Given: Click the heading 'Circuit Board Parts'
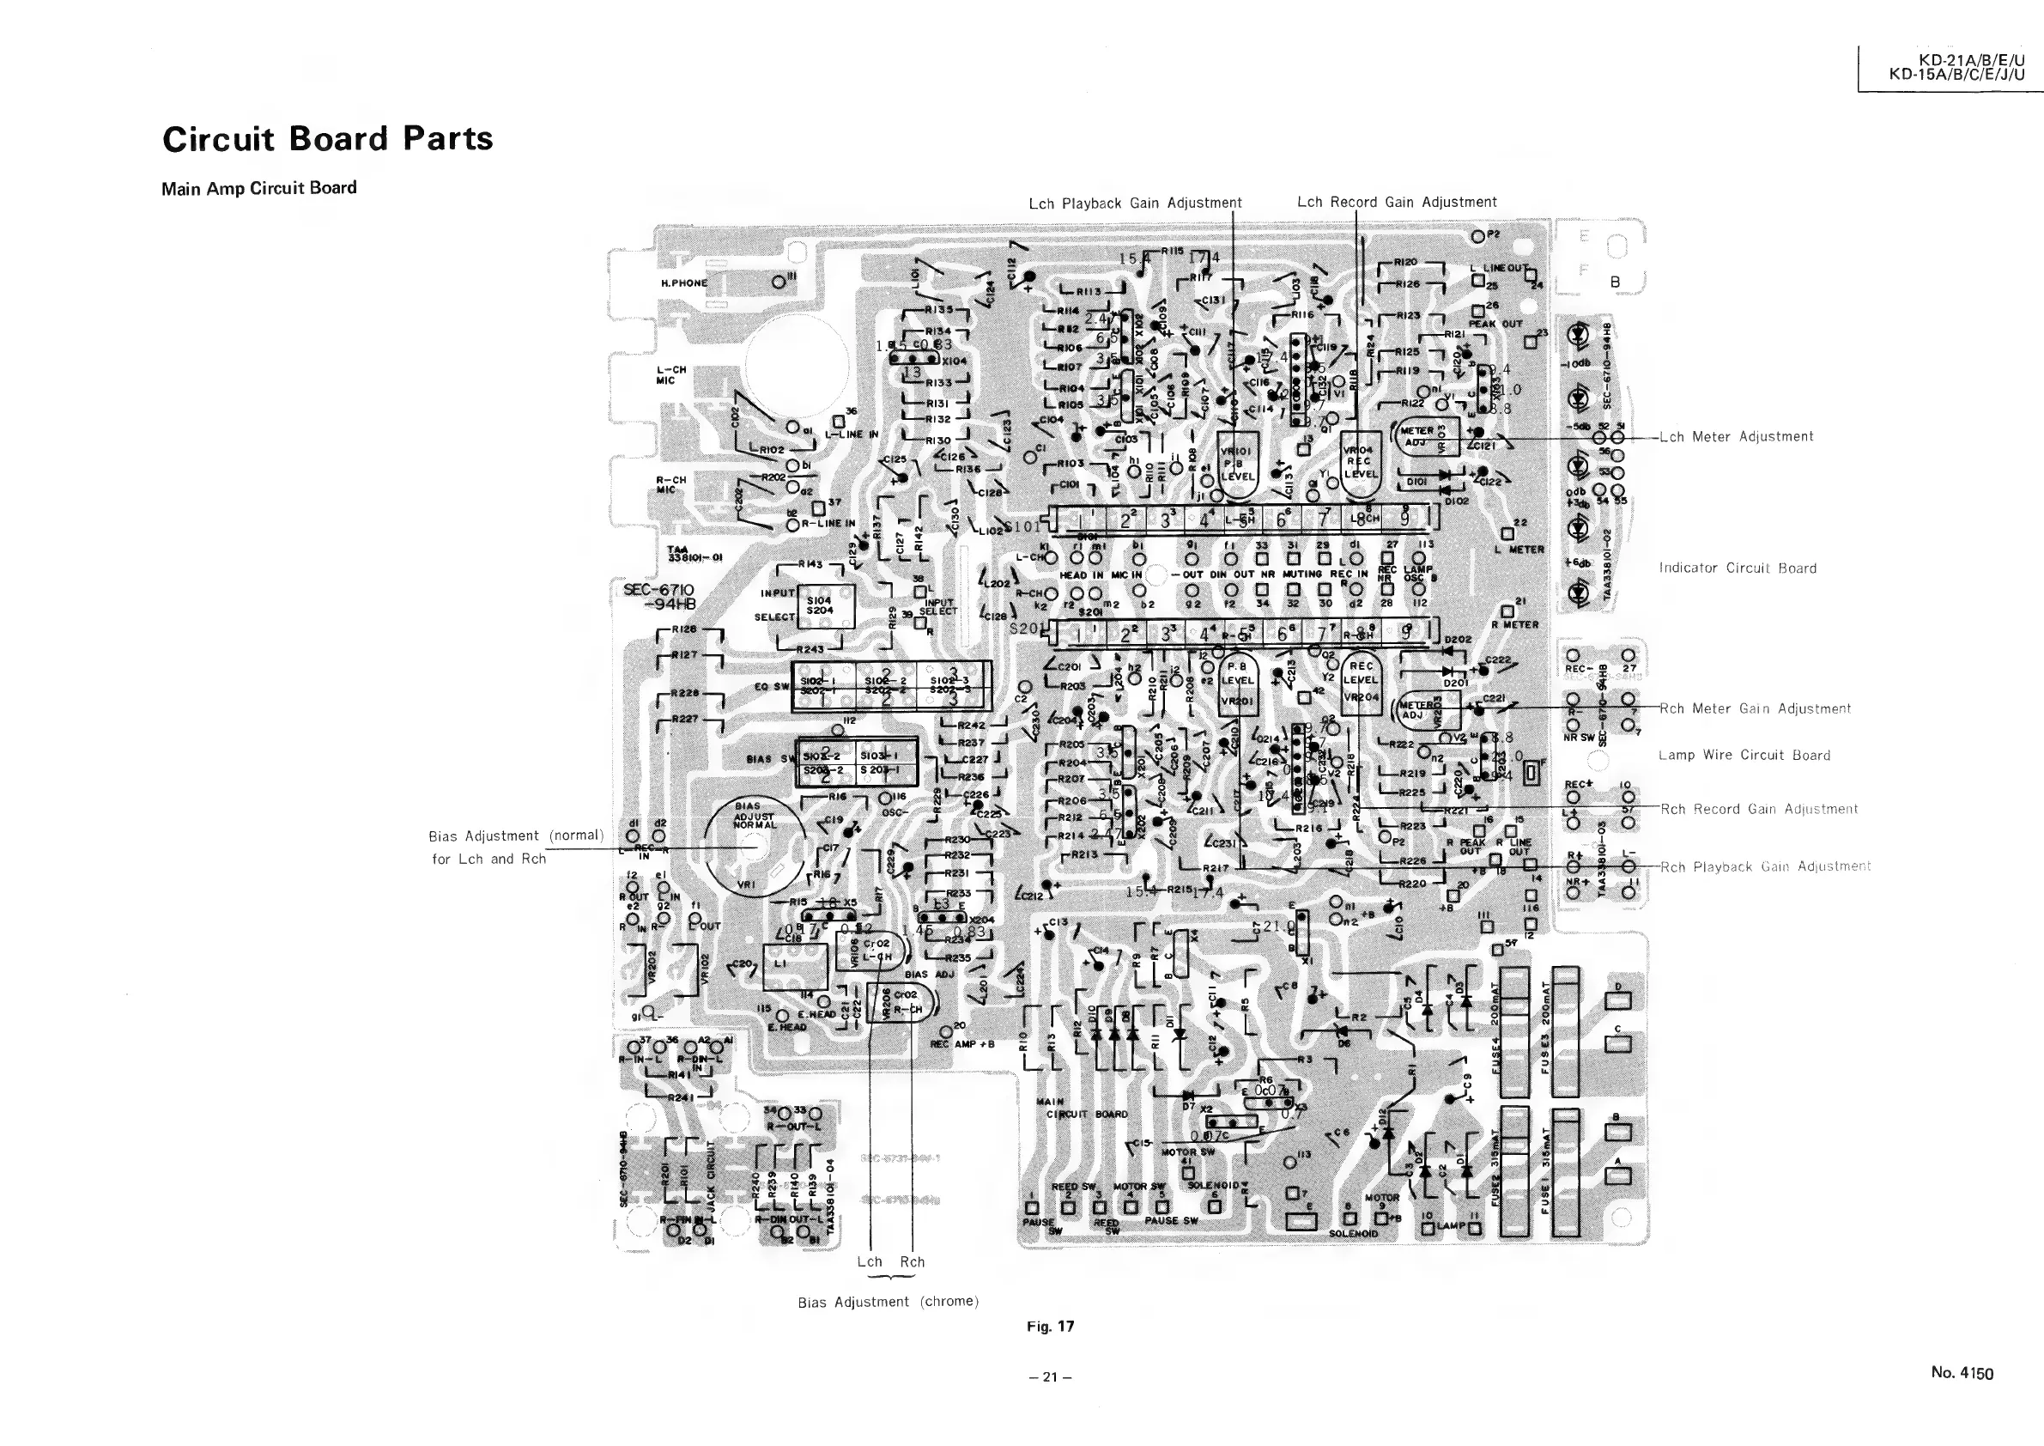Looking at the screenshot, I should [x=327, y=139].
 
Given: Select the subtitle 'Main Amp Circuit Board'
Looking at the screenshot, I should [x=258, y=188].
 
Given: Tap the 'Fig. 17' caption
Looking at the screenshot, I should [x=1050, y=1326].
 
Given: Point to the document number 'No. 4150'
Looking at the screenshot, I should [x=1962, y=1372].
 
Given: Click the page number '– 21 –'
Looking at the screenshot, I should [x=1050, y=1376].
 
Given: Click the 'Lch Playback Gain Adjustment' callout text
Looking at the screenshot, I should [x=1134, y=203].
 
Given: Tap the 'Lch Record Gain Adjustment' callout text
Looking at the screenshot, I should [x=1396, y=202].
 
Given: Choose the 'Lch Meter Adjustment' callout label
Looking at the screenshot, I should [x=1736, y=436].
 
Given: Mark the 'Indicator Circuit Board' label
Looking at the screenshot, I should [x=1737, y=568].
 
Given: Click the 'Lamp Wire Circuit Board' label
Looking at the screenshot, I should [x=1744, y=755].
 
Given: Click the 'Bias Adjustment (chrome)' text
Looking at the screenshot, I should [x=888, y=1302].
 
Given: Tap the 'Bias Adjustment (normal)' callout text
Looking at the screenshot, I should [x=515, y=835].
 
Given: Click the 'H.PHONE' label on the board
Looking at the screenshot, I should [x=683, y=283].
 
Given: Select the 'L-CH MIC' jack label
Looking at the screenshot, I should [x=671, y=375].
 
